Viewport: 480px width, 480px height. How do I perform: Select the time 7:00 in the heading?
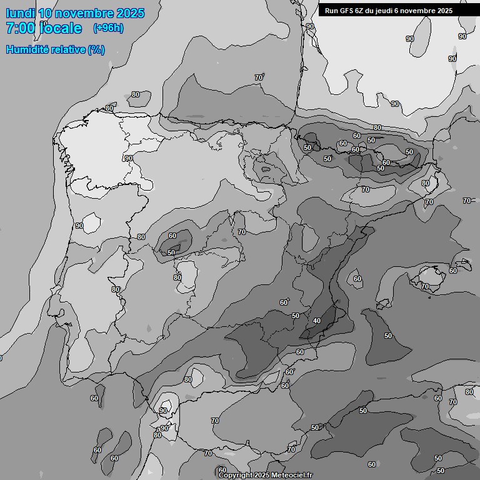click(x=19, y=28)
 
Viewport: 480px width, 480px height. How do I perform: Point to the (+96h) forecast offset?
click(x=109, y=27)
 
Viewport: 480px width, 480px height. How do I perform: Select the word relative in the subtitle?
click(x=68, y=49)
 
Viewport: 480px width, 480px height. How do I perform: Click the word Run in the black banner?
click(x=331, y=11)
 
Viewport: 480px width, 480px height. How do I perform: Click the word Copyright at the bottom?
click(x=235, y=475)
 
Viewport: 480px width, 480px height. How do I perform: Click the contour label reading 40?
click(x=317, y=321)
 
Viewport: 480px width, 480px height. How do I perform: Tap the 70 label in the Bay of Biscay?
click(x=259, y=77)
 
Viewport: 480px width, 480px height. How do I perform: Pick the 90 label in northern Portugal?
click(x=79, y=226)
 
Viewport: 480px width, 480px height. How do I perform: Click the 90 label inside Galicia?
click(x=129, y=158)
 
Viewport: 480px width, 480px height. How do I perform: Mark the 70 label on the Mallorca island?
click(x=425, y=286)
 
